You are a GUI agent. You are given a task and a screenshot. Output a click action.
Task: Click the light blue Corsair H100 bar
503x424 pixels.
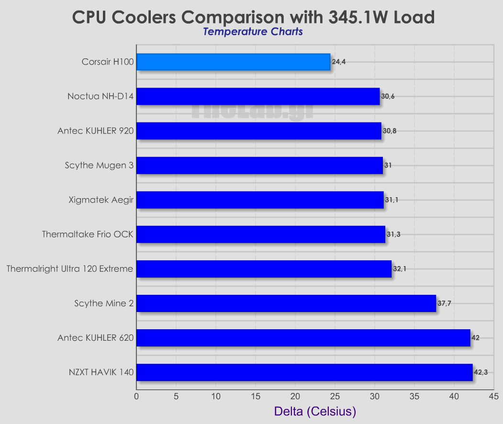point(233,62)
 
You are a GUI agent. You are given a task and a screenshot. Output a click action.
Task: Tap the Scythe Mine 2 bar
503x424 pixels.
point(286,303)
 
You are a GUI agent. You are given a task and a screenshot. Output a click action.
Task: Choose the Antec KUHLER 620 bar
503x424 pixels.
point(303,338)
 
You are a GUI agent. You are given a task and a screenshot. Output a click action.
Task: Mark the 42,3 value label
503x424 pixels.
point(481,372)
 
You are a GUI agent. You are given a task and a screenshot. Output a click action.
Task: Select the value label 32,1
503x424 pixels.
point(400,269)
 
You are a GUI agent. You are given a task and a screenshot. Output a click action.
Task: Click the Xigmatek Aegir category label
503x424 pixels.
point(101,200)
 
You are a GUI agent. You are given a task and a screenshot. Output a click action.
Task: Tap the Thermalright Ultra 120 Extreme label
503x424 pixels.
point(70,269)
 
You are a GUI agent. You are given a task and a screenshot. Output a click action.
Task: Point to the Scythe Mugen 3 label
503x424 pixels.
point(99,166)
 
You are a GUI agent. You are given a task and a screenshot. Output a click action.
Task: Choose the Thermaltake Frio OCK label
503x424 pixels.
point(88,234)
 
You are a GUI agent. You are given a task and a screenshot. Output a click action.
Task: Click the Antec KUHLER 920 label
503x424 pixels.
point(95,131)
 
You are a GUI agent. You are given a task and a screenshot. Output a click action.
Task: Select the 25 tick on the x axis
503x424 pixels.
point(335,396)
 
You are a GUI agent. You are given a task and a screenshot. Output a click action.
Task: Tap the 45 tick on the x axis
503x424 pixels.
point(494,396)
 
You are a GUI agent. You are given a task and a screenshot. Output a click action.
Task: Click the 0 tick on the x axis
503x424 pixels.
point(136,396)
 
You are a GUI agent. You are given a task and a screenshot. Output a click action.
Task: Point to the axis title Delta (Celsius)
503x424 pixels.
point(315,412)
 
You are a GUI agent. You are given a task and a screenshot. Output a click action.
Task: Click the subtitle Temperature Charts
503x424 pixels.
point(253,32)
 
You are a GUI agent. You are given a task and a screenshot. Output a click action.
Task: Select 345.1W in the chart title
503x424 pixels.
point(355,17)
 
